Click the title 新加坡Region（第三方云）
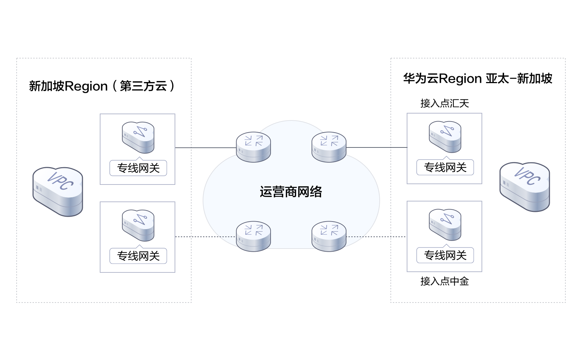point(102,86)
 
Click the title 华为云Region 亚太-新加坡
point(477,79)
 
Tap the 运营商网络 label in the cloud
point(291,192)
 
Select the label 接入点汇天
point(444,103)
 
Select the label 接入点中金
point(444,281)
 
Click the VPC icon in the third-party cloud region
point(58,191)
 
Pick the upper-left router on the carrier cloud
point(253,147)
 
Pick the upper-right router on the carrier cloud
point(329,147)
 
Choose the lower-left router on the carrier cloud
point(253,236)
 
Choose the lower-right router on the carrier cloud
point(329,236)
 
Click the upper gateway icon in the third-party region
point(138,137)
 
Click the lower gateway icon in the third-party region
point(138,225)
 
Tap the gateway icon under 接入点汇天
point(445,136)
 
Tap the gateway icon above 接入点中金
point(445,224)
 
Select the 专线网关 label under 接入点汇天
point(445,168)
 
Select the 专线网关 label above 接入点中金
point(445,256)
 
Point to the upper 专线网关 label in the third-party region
point(138,168)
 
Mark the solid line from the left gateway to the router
point(206,147)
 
